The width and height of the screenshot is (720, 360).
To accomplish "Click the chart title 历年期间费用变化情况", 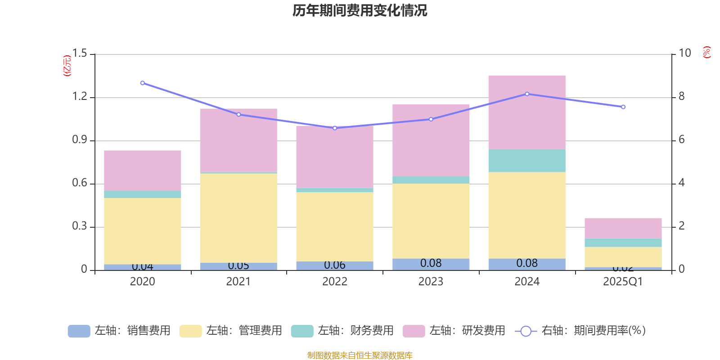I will pyautogui.click(x=360, y=11).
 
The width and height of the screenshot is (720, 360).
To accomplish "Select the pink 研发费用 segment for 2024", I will pyautogui.click(x=526, y=112).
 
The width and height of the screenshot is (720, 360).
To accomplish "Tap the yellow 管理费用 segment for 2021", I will pyautogui.click(x=238, y=218).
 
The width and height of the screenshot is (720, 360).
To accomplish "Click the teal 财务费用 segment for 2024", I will pyautogui.click(x=526, y=161).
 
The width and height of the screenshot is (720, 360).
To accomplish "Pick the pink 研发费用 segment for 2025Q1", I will pyautogui.click(x=623, y=228).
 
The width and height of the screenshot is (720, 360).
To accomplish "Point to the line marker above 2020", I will pyautogui.click(x=143, y=83).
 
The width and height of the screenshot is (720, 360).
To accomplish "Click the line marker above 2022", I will pyautogui.click(x=335, y=128).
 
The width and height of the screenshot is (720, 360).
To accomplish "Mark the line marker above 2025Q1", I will pyautogui.click(x=623, y=107).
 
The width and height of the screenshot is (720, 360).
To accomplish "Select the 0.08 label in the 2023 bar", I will pyautogui.click(x=431, y=263).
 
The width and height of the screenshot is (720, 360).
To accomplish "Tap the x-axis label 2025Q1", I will pyautogui.click(x=623, y=282).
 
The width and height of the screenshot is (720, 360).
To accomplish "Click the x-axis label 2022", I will pyautogui.click(x=335, y=282).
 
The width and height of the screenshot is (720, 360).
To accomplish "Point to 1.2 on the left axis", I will pyautogui.click(x=80, y=97).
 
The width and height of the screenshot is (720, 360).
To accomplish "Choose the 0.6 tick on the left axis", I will pyautogui.click(x=80, y=183).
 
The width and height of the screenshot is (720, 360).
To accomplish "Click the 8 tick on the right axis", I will pyautogui.click(x=681, y=97).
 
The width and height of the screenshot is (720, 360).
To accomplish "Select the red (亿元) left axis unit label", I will pyautogui.click(x=67, y=66).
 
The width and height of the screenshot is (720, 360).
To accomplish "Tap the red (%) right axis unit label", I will pyautogui.click(x=707, y=52).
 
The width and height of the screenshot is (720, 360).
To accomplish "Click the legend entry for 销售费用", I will pyautogui.click(x=119, y=331).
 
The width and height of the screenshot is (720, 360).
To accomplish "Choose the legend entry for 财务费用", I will pyautogui.click(x=342, y=331).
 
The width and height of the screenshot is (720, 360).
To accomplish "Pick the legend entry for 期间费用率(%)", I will pyautogui.click(x=580, y=331).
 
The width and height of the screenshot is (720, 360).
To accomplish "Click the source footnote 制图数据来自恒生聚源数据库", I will pyautogui.click(x=360, y=355).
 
